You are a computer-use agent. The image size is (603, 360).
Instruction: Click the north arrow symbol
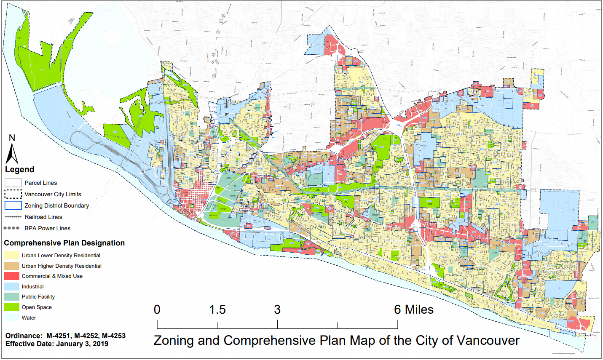(x=12, y=154)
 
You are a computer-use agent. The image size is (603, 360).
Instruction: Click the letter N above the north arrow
(x=12, y=138)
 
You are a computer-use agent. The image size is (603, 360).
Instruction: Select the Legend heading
(x=19, y=170)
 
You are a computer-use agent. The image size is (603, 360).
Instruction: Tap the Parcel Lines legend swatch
(x=13, y=183)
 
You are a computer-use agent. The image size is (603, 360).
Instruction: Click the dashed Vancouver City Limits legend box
(x=13, y=194)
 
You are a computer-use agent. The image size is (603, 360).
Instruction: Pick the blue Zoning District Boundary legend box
(x=13, y=205)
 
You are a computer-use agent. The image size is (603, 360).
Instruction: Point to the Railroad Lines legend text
(x=43, y=217)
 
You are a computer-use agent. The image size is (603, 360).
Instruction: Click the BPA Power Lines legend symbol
(x=12, y=228)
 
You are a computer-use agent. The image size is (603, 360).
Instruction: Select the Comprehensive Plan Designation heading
(x=64, y=243)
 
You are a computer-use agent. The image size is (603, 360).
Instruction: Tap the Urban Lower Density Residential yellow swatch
(x=12, y=256)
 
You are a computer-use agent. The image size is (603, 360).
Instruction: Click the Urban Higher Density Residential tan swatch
(x=12, y=266)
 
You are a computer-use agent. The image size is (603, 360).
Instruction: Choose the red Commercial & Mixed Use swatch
(x=12, y=276)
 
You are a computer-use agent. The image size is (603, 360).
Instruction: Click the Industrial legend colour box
(x=12, y=287)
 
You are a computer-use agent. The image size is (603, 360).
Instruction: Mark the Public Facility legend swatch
(x=12, y=297)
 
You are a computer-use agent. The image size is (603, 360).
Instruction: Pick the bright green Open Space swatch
(x=12, y=307)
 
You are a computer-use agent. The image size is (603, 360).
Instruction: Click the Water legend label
(x=29, y=318)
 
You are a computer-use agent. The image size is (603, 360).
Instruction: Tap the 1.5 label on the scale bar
(x=217, y=310)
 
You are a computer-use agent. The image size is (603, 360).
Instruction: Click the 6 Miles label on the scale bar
(x=413, y=310)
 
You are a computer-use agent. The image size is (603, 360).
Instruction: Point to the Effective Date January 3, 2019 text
(x=57, y=344)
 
